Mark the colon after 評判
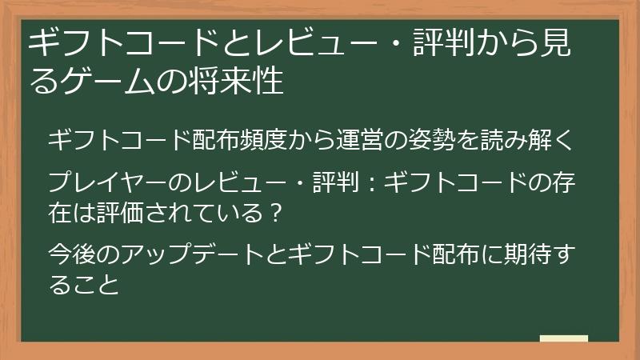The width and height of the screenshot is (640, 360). (x=370, y=183)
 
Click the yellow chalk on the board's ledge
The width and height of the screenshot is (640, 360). (x=563, y=338)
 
